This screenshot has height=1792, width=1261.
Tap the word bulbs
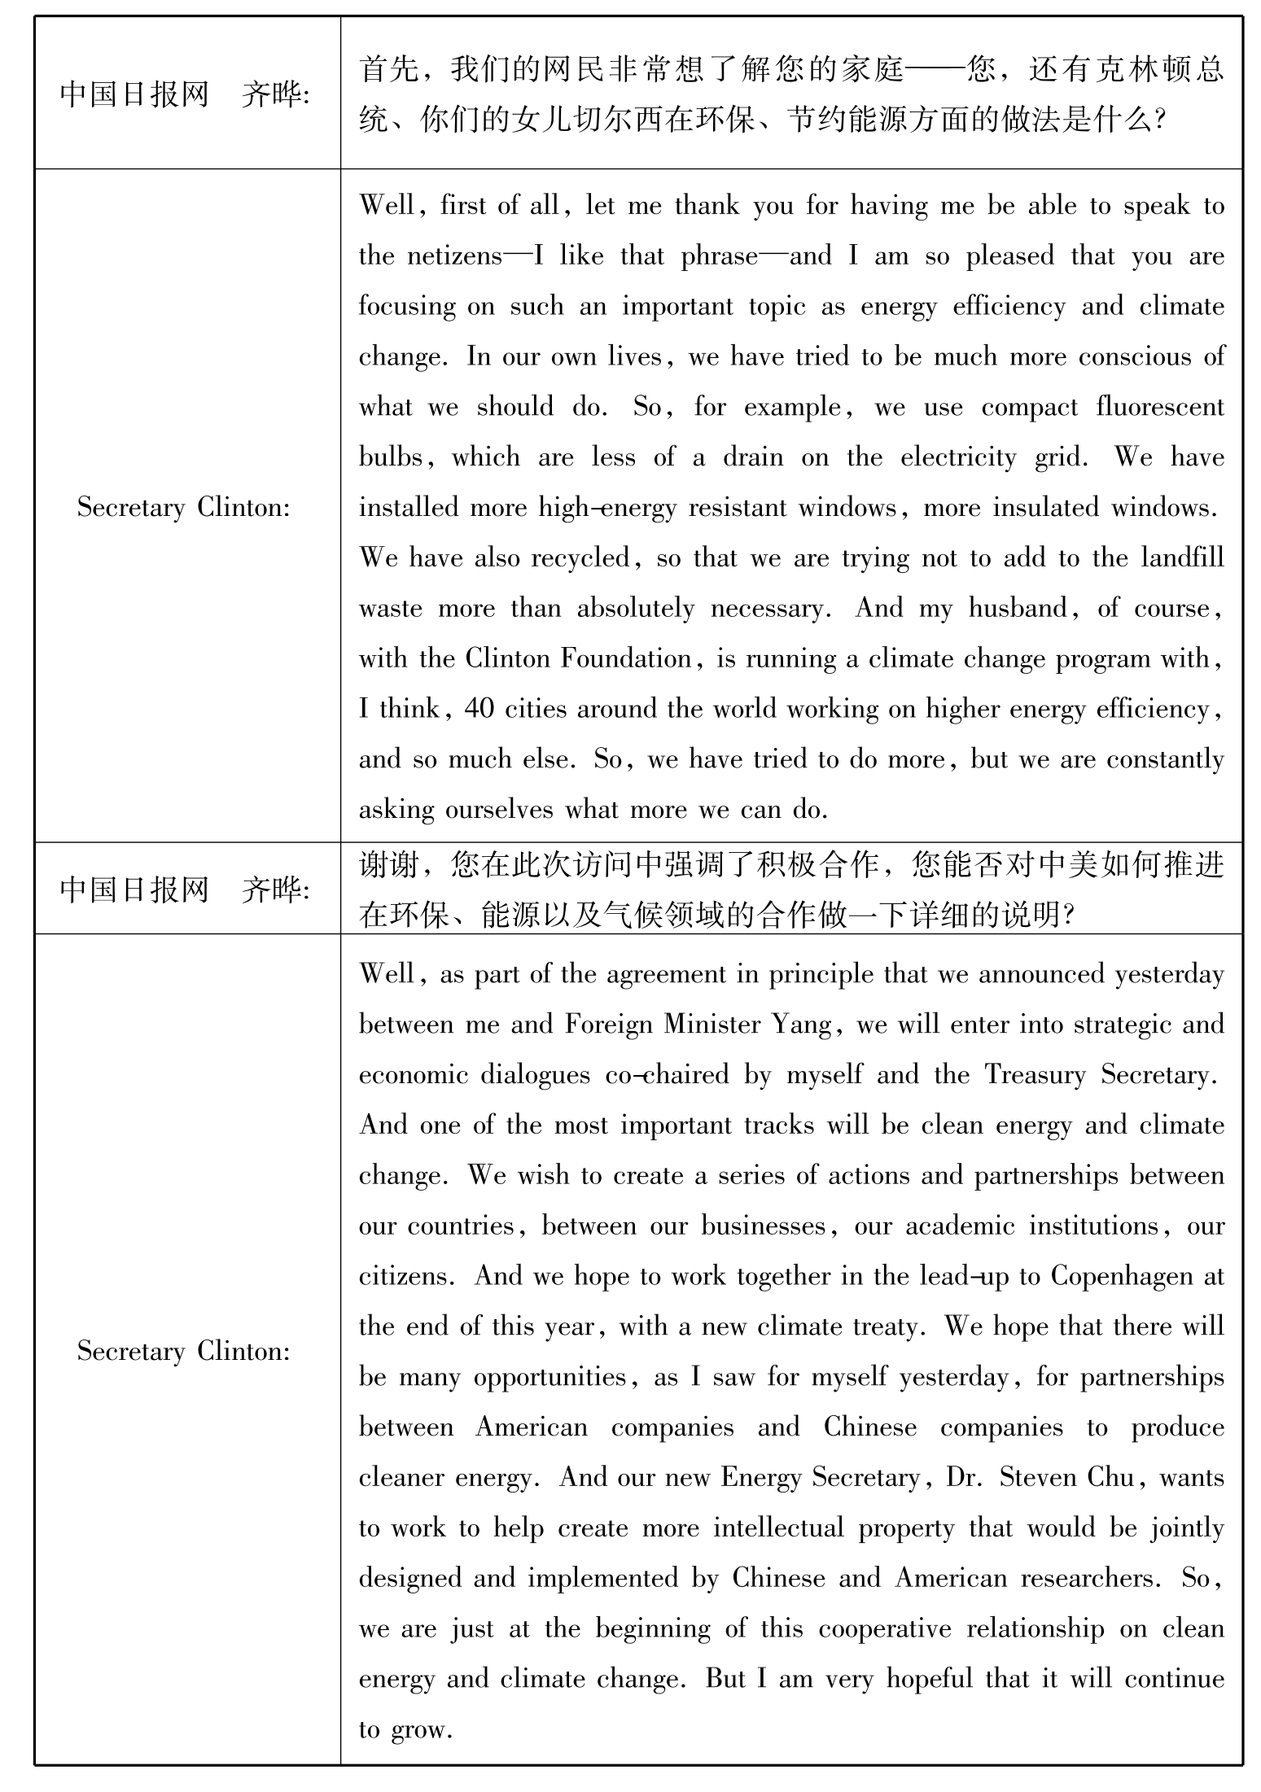coord(391,457)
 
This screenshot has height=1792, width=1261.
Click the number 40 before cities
coord(479,710)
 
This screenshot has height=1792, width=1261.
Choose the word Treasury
coord(1036,1074)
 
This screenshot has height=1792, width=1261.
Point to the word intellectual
coord(778,1528)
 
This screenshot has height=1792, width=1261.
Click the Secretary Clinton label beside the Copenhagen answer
coord(184,1352)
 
